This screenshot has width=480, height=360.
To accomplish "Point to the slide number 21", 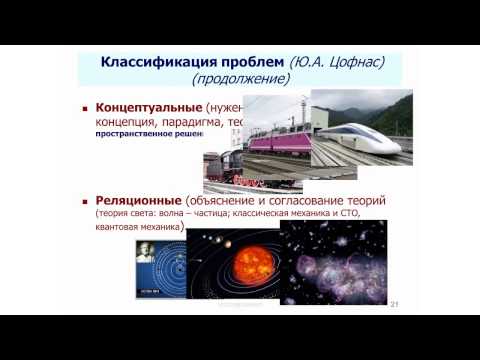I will [x=395, y=304].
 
